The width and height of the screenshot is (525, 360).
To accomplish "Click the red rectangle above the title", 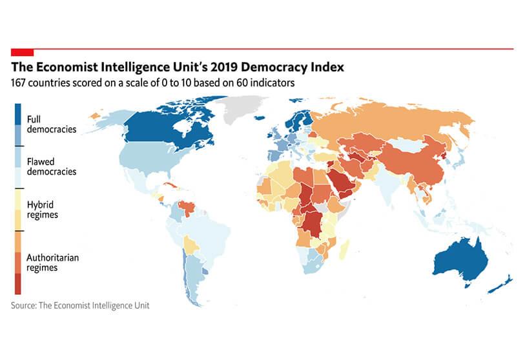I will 21,51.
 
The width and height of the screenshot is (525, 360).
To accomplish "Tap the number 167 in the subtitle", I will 21,83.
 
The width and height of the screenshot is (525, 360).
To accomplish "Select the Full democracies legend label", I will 51,124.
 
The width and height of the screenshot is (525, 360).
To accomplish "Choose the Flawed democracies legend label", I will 51,166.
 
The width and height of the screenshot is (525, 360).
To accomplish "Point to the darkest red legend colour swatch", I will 17,283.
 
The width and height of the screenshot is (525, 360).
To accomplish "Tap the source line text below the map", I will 80,305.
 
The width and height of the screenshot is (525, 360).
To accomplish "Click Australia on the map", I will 459,259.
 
